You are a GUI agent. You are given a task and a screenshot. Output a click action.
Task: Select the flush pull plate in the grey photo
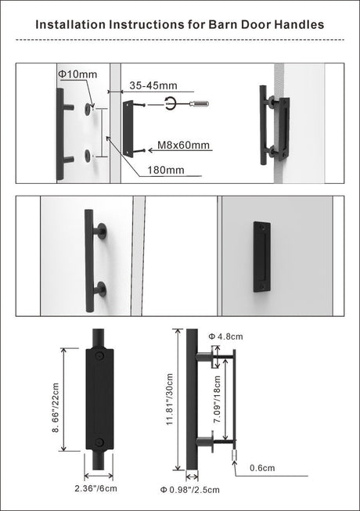[x=262, y=257]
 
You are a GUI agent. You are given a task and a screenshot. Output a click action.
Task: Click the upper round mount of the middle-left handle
[x=100, y=231]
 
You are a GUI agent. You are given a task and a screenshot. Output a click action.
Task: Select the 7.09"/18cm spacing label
[x=221, y=398]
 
